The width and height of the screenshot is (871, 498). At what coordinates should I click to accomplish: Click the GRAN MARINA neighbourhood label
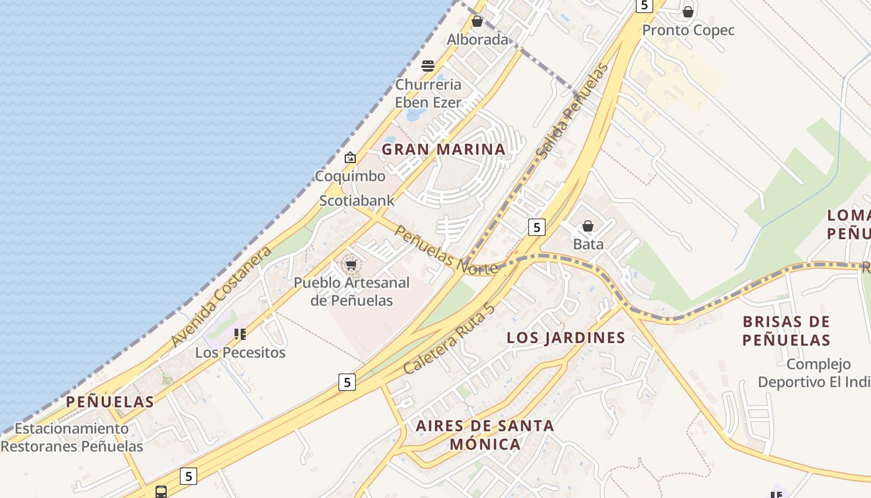click(443, 149)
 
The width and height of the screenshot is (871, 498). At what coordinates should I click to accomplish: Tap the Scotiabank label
click(356, 200)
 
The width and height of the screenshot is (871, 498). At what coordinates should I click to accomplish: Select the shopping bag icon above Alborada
click(477, 22)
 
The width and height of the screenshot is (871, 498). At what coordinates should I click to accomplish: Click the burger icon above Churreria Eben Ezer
click(428, 66)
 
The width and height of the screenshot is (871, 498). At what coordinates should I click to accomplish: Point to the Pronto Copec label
click(688, 30)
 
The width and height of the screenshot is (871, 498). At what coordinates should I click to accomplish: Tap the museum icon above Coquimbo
click(350, 157)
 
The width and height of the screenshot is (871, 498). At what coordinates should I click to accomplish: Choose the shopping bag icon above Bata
click(588, 226)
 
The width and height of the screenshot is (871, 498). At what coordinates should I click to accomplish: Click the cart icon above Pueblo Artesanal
click(351, 265)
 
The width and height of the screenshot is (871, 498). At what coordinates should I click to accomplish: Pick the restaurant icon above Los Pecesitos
click(240, 334)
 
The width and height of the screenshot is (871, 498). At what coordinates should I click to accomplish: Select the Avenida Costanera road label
click(221, 296)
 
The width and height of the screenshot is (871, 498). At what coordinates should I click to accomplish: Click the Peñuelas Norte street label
click(446, 250)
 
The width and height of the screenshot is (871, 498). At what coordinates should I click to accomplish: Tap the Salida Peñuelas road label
click(571, 111)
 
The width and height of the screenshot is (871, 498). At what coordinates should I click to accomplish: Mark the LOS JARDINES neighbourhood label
click(566, 338)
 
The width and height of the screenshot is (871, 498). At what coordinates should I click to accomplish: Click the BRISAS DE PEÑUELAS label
click(786, 331)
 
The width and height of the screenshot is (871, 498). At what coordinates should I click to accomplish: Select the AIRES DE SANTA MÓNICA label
click(485, 435)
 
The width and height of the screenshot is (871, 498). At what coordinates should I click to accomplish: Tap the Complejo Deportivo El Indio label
click(804, 373)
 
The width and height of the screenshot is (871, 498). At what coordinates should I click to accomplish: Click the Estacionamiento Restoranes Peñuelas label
click(72, 438)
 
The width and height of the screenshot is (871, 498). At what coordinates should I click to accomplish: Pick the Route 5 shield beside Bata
click(537, 227)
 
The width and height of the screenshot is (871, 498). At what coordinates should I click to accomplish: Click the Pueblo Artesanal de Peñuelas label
click(352, 291)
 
